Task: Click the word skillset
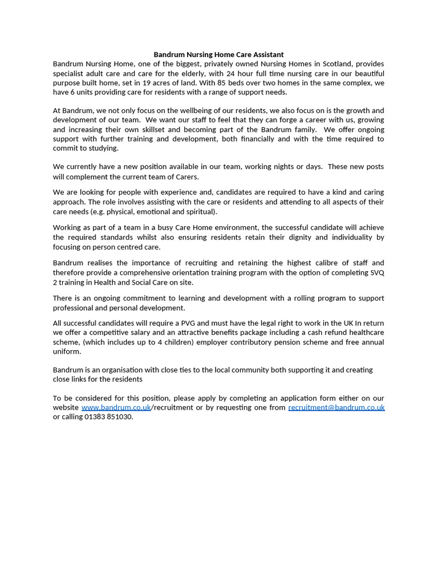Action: [163, 130]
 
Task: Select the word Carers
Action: [184, 177]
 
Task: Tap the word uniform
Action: [66, 352]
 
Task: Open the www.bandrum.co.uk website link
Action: [116, 408]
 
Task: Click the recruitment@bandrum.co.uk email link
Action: [336, 408]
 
